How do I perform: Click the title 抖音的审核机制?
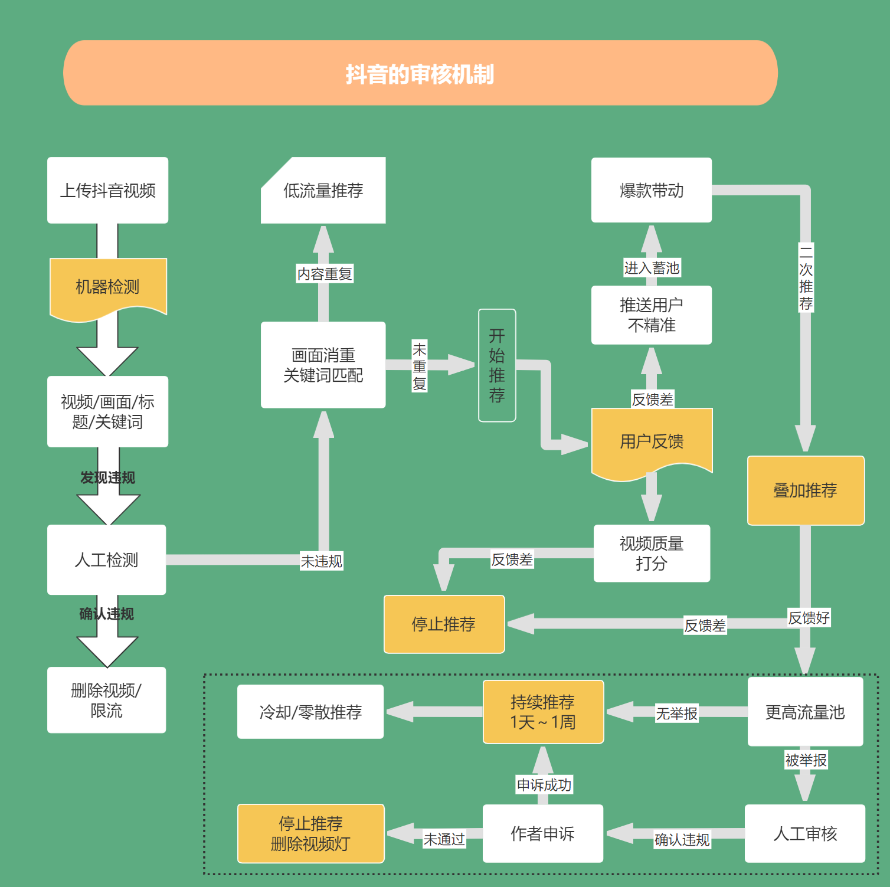pyautogui.click(x=420, y=74)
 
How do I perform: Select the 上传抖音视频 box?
pyautogui.click(x=107, y=190)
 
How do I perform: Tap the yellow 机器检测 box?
pyautogui.click(x=107, y=287)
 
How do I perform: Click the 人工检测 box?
pyautogui.click(x=106, y=559)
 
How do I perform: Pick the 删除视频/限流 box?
pyautogui.click(x=106, y=700)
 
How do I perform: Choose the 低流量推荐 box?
pyautogui.click(x=323, y=190)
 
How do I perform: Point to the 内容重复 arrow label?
pyautogui.click(x=325, y=274)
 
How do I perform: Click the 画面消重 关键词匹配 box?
pyautogui.click(x=323, y=365)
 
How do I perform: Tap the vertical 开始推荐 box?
pyautogui.click(x=497, y=365)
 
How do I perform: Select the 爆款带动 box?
pyautogui.click(x=652, y=190)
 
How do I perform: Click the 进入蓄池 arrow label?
pyautogui.click(x=652, y=268)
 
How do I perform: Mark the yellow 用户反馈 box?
pyautogui.click(x=652, y=441)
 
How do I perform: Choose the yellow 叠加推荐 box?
pyautogui.click(x=806, y=490)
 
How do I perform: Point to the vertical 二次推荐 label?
pyautogui.click(x=806, y=277)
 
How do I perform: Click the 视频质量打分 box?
pyautogui.click(x=652, y=553)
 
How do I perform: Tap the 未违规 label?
pyautogui.click(x=322, y=561)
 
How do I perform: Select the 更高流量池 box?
pyautogui.click(x=805, y=712)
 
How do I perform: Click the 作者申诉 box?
pyautogui.click(x=542, y=833)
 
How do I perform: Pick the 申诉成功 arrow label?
pyautogui.click(x=544, y=785)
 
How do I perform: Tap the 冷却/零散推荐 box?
pyautogui.click(x=310, y=712)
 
